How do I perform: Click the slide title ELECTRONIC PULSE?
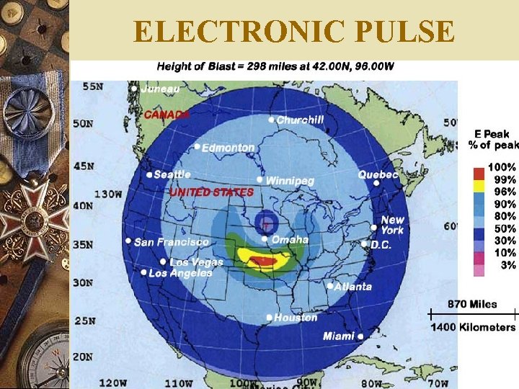pos(294,32)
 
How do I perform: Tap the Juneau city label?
pos(161,89)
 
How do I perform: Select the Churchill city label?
pos(301,120)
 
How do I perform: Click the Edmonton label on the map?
pos(228,148)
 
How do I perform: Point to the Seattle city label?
pos(172,174)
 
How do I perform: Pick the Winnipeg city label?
pos(290,180)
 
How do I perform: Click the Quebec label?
pos(378,174)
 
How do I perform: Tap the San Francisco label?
pos(172,241)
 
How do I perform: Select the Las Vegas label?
pos(197,262)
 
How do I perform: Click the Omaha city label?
pos(290,239)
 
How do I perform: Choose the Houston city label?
pos(296,317)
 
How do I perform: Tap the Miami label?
pos(339,336)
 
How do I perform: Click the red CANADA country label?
pos(167,114)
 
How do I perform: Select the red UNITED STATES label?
pos(211,192)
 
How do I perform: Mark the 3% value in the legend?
pos(508,265)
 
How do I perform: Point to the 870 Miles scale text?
pos(472,304)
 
